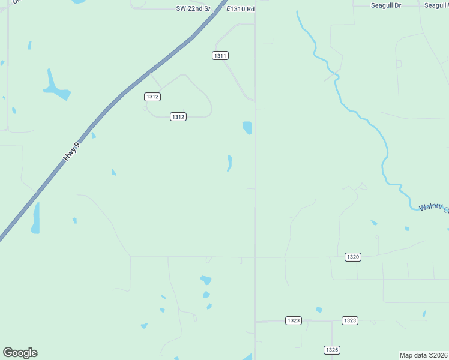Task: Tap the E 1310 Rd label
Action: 241,9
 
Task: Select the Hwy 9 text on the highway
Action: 71,150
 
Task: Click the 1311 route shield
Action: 220,55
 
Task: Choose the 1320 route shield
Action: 353,257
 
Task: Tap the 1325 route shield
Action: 332,349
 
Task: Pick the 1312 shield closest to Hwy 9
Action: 152,97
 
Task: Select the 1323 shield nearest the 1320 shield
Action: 350,320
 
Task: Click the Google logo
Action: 20,353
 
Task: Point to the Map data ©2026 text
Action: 424,355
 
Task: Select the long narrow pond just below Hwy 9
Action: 35,218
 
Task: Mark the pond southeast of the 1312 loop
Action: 247,128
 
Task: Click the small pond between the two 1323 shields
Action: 319,310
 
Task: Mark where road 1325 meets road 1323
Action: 332,321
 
